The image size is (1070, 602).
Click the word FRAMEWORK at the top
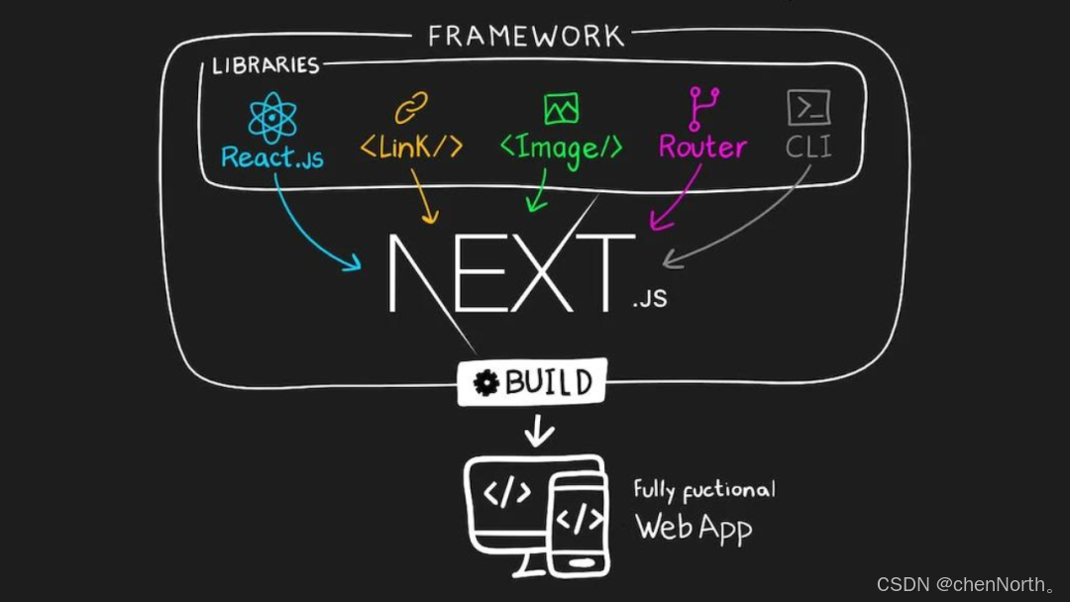click(x=526, y=37)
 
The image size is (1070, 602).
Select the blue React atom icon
click(x=272, y=117)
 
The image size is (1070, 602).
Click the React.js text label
click(x=272, y=157)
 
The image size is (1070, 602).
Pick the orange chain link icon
click(x=411, y=107)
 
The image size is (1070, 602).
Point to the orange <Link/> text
click(x=411, y=148)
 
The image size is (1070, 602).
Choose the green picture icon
click(x=561, y=108)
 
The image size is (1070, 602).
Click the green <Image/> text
click(x=561, y=149)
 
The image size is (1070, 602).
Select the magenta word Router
click(x=702, y=148)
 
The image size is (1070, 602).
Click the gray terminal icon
click(x=808, y=107)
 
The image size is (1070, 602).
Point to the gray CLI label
click(x=808, y=148)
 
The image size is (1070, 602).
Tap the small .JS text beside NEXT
click(x=649, y=297)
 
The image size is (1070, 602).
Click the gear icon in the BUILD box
click(x=485, y=383)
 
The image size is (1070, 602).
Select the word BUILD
click(x=549, y=382)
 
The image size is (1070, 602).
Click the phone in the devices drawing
click(x=578, y=522)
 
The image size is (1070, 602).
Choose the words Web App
click(x=693, y=527)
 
